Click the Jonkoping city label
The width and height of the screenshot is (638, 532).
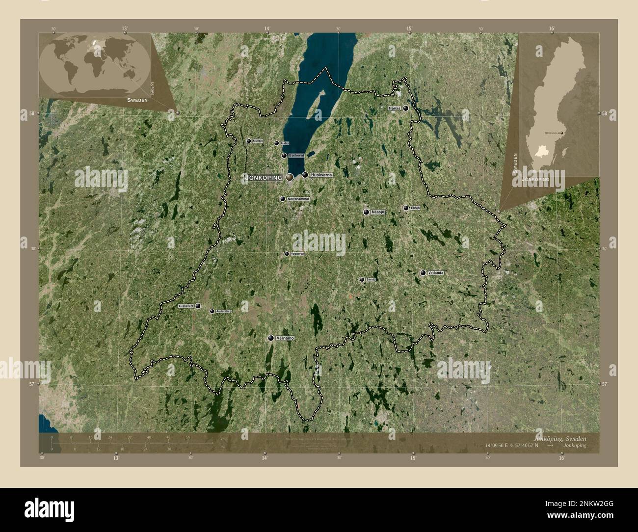[x=264, y=178]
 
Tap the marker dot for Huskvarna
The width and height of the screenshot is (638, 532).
[x=305, y=175]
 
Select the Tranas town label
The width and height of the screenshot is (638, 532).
[x=394, y=108]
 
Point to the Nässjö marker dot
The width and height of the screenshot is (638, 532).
[x=366, y=212]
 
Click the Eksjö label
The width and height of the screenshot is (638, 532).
[x=415, y=208]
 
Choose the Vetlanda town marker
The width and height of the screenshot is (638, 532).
[x=423, y=273]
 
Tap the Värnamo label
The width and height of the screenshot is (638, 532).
[x=285, y=338]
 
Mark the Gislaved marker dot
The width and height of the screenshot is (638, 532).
[x=198, y=306]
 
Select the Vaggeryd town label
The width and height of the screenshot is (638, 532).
[x=298, y=254]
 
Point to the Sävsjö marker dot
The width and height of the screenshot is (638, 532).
[x=362, y=280]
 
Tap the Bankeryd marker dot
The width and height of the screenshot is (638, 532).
[x=284, y=156]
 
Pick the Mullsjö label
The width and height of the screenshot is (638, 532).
[x=258, y=141]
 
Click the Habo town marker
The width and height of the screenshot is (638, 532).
[x=276, y=143]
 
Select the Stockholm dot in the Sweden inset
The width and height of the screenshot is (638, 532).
[x=562, y=133]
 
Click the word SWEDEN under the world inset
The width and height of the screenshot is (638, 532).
[x=137, y=99]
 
